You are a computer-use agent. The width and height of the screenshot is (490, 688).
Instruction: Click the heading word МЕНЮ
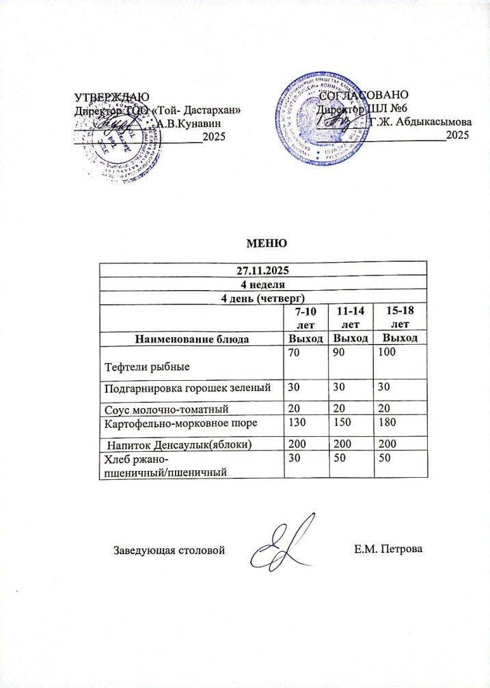click(264, 244)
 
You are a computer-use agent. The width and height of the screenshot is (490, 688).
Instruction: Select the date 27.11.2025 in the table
click(263, 268)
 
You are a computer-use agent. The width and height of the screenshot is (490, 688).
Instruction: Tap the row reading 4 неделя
click(263, 283)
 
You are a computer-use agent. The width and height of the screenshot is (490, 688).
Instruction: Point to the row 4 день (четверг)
click(263, 298)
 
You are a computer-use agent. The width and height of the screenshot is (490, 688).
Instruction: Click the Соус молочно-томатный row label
click(164, 409)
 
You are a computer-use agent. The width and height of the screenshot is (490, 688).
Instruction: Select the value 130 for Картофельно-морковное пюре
click(295, 424)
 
